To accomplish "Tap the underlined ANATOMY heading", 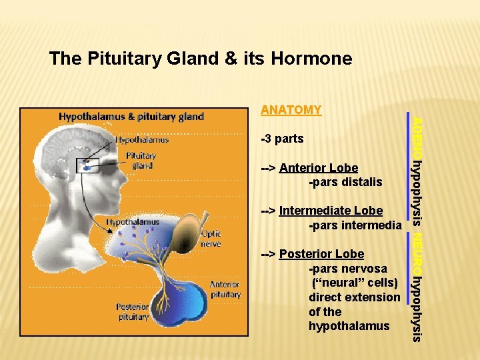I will click(291, 110).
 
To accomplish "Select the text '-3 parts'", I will click(282, 139).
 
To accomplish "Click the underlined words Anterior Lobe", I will click(319, 168).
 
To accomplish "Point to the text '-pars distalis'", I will click(345, 182).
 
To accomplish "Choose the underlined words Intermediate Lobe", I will click(331, 211).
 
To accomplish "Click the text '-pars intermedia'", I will click(355, 225).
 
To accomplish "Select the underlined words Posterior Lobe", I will click(321, 254).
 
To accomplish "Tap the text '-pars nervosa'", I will click(347, 269).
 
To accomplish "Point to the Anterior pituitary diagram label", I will click(225, 289).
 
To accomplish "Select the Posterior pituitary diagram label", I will click(133, 311).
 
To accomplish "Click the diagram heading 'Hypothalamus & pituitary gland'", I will click(131, 116).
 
